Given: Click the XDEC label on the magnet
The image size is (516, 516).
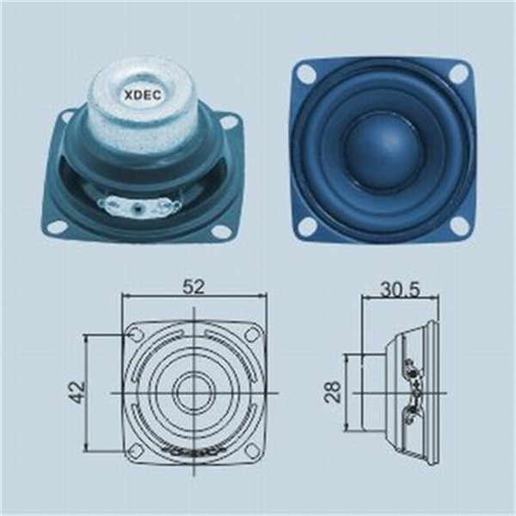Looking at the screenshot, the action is click(142, 95).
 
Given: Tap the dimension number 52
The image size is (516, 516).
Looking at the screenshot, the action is click(193, 286).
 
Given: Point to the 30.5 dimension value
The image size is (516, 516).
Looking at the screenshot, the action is click(400, 290).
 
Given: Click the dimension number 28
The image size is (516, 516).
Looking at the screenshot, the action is click(333, 391).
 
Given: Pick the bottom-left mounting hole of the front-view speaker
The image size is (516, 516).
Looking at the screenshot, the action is click(308, 225).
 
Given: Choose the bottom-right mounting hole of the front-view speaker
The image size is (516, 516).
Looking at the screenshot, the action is click(458, 224).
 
